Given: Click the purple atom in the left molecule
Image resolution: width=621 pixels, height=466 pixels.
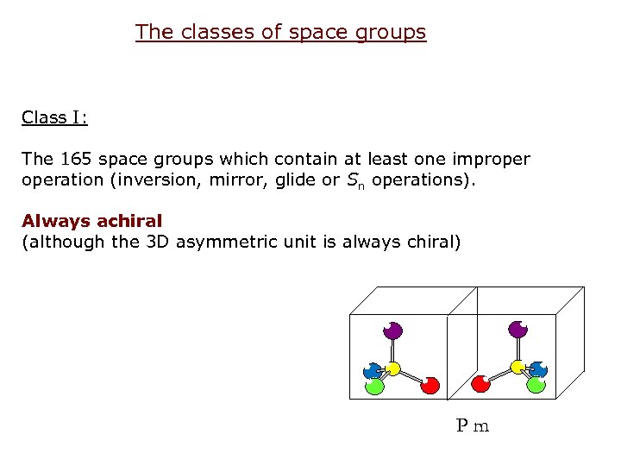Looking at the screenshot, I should pos(393,330).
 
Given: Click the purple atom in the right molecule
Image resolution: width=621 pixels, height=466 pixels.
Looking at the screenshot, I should pos(517,329).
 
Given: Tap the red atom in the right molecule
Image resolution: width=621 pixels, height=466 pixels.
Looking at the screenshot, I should pos(480,384).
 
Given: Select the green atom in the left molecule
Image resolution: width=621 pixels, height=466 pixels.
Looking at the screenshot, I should pos(374,386).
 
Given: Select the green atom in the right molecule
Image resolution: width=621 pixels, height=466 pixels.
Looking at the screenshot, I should pos(536,385).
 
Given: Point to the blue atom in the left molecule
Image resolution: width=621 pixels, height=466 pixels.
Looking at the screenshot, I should pos(372,371).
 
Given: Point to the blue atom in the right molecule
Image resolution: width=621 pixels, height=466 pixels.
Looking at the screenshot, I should pos(538,370).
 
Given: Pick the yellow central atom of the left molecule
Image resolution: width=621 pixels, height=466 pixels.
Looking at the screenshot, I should pos(393,369).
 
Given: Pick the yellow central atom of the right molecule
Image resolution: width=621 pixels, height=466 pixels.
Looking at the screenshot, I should pos(517,368).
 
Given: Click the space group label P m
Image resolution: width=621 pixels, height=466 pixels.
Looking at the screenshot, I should pos(473,425).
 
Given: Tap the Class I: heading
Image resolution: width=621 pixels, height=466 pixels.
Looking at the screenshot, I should pos(54,117).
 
